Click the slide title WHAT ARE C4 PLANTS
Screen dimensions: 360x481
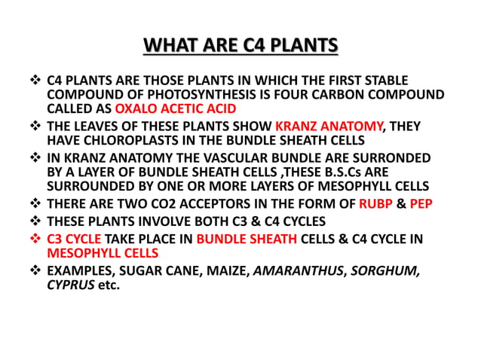240,47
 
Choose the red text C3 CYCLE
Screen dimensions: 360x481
75,239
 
